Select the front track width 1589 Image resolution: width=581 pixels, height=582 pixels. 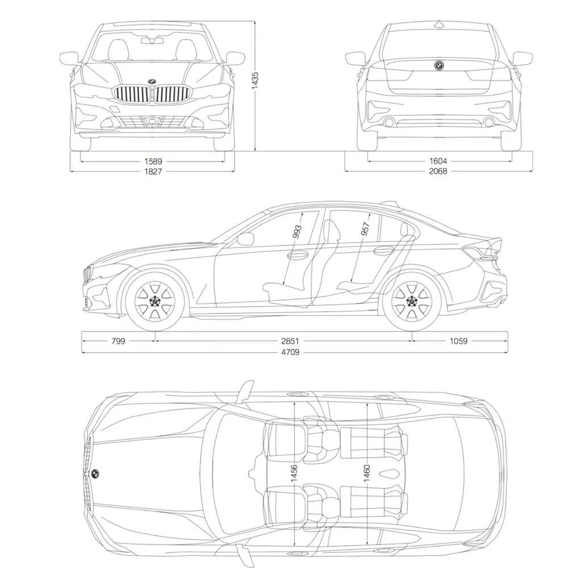click(x=152, y=161)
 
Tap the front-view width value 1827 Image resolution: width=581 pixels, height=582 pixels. click(x=152, y=171)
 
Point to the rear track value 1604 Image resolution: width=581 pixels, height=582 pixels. click(x=438, y=161)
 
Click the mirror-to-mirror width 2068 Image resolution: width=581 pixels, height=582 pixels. click(x=438, y=171)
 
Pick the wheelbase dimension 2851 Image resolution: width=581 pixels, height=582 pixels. click(x=290, y=341)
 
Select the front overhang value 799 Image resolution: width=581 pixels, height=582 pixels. click(x=118, y=341)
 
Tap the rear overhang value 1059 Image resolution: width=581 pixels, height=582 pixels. click(x=458, y=341)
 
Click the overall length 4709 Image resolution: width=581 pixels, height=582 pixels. click(x=290, y=352)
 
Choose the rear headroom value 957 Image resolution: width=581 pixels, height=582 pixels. click(x=365, y=229)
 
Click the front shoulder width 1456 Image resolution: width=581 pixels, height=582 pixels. click(x=294, y=473)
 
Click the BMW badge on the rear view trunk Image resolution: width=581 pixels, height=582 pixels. click(x=438, y=65)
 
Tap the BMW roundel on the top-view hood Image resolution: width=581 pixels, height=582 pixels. click(x=96, y=473)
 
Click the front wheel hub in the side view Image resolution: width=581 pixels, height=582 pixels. click(x=155, y=300)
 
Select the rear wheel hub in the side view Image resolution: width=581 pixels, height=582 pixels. click(x=412, y=300)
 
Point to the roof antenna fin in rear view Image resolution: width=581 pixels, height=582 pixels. click(x=438, y=24)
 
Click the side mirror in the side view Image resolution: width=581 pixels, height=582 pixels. click(x=246, y=239)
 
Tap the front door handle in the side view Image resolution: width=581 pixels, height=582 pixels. click(x=298, y=255)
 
